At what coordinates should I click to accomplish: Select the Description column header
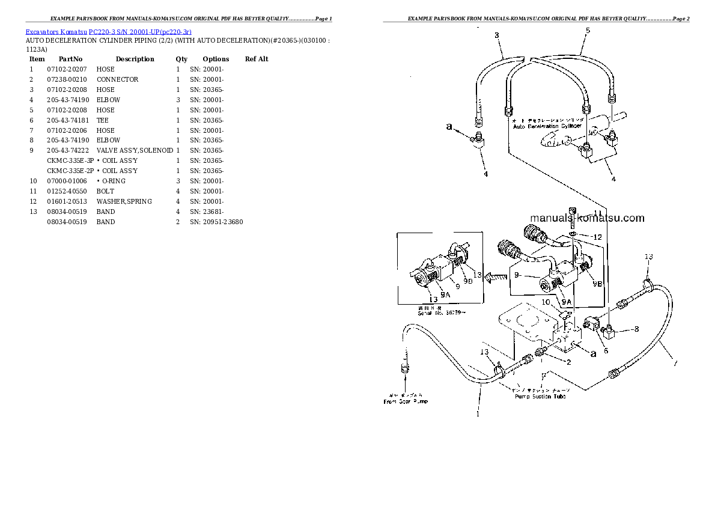point(135,59)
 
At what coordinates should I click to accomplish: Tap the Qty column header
point(181,59)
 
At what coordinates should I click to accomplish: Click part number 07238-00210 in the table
point(67,79)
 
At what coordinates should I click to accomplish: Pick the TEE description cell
point(102,120)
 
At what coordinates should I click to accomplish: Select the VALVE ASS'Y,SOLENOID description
point(135,150)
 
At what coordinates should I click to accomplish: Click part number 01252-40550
point(67,191)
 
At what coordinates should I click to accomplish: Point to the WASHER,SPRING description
point(124,201)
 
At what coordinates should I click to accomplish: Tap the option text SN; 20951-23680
point(216,222)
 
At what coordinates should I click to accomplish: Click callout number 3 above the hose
point(497,35)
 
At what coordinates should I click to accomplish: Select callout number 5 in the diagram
point(587,31)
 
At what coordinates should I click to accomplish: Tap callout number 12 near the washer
point(596,237)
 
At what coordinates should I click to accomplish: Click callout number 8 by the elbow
point(636,329)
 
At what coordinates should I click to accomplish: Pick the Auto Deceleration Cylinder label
point(547,126)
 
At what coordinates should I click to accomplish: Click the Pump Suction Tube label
point(540,397)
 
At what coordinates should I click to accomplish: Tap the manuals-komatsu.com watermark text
point(586,218)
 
